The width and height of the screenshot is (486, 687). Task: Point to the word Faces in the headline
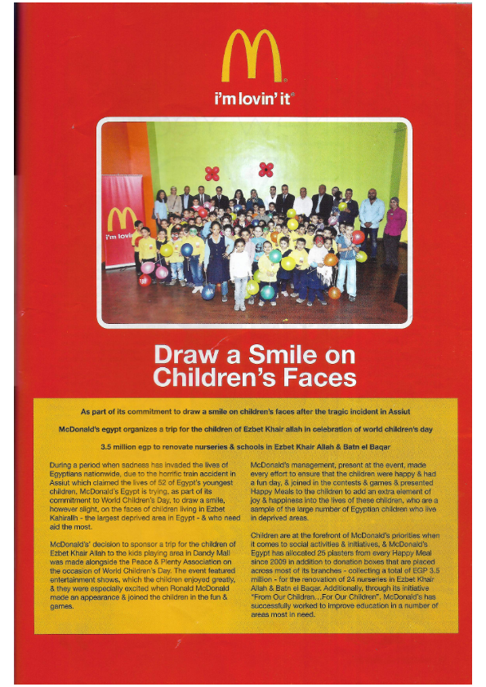coord(321,378)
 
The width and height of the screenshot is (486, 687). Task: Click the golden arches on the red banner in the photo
coord(122,219)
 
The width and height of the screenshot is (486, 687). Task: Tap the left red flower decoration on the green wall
coord(212,173)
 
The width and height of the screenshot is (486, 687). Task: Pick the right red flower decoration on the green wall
coord(265,169)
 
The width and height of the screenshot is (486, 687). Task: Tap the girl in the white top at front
coord(239,273)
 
